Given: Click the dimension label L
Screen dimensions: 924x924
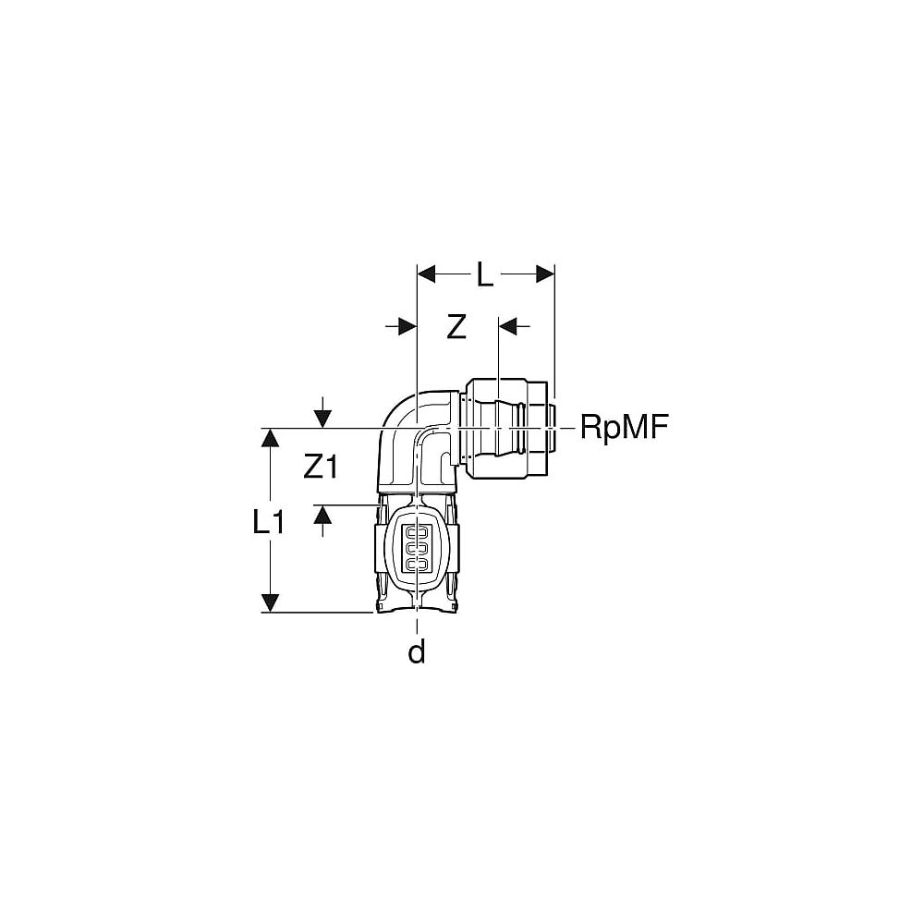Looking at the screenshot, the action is pyautogui.click(x=484, y=274).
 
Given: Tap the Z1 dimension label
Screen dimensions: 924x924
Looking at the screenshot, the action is pyautogui.click(x=321, y=468).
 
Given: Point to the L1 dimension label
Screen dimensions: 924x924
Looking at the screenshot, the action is pyautogui.click(x=269, y=521).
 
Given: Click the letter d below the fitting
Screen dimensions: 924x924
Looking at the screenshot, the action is pyautogui.click(x=417, y=651).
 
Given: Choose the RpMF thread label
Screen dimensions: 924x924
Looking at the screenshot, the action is pyautogui.click(x=625, y=427).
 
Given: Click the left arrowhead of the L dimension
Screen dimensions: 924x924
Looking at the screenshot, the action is pyautogui.click(x=426, y=274).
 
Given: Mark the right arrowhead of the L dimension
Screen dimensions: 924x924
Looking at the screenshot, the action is pyautogui.click(x=545, y=274).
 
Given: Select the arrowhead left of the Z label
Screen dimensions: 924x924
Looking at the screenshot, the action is pyautogui.click(x=407, y=326).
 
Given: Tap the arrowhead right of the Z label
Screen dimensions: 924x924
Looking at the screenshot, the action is pyautogui.click(x=507, y=326).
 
